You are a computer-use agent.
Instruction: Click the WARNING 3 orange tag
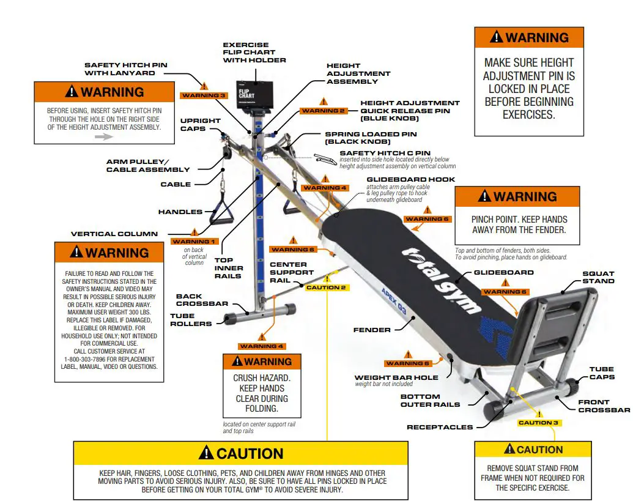tap(204, 95)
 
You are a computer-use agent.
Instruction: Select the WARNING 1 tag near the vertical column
tap(194, 242)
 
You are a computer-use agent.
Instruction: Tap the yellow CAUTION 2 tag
tap(326, 288)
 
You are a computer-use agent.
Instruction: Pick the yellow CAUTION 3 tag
tap(538, 423)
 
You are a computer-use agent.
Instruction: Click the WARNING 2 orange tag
tap(324, 111)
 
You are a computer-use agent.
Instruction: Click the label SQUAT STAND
tap(598, 277)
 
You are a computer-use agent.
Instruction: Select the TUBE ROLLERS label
tap(191, 320)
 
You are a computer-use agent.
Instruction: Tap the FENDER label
tap(372, 330)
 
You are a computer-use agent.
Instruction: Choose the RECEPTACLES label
tap(440, 427)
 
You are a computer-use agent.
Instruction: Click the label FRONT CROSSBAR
tap(602, 406)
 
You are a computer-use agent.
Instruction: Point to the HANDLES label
tap(180, 212)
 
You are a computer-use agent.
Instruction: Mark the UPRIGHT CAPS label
tap(201, 125)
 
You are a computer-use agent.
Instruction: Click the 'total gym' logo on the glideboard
tap(441, 278)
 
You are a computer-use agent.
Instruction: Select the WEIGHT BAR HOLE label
tap(396, 377)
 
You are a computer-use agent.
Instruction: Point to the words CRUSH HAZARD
tap(262, 378)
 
